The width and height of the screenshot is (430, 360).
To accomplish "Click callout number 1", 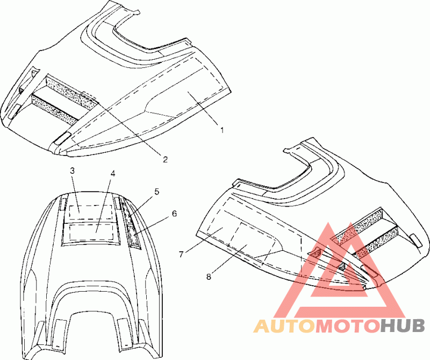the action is point(221,130).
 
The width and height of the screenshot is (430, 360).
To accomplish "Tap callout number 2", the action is point(166,159).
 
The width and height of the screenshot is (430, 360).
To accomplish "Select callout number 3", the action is point(73,171).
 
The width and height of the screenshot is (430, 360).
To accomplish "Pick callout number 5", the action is point(157,191).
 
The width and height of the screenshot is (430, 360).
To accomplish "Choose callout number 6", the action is point(174,214).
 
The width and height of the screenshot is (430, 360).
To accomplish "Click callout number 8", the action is point(209,278).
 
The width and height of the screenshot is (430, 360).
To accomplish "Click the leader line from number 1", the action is point(204,111).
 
